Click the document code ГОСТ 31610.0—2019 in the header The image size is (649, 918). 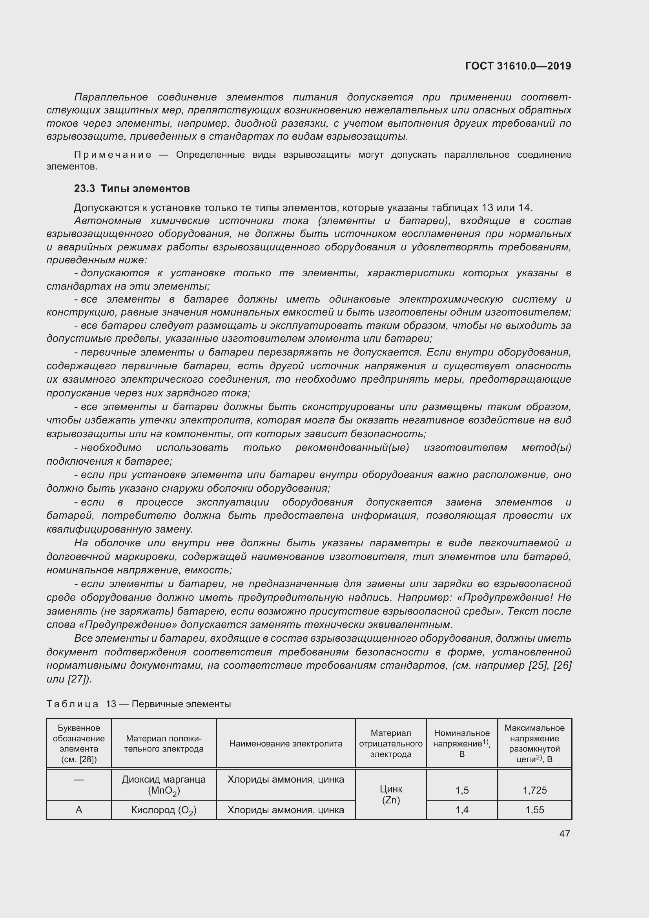point(518,66)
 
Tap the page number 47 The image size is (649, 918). point(564,834)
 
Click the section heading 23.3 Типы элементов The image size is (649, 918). point(132,188)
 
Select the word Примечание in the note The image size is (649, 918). point(113,155)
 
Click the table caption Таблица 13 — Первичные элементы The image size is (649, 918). point(139,704)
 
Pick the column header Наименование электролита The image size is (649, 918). point(286,743)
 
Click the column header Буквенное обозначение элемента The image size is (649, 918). point(79,743)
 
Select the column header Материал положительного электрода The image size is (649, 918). point(164,744)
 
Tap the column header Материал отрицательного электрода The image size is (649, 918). point(390,743)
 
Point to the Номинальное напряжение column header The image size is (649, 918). point(461,743)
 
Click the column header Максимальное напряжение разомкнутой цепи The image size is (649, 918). point(534,743)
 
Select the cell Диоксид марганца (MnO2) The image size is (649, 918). point(164,785)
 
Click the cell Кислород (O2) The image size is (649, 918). point(164,810)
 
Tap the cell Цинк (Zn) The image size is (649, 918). point(390,794)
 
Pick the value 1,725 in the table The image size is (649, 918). point(534,790)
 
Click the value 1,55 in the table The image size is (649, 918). point(534,810)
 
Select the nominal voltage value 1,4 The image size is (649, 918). point(461,810)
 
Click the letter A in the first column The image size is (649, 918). point(79,810)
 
